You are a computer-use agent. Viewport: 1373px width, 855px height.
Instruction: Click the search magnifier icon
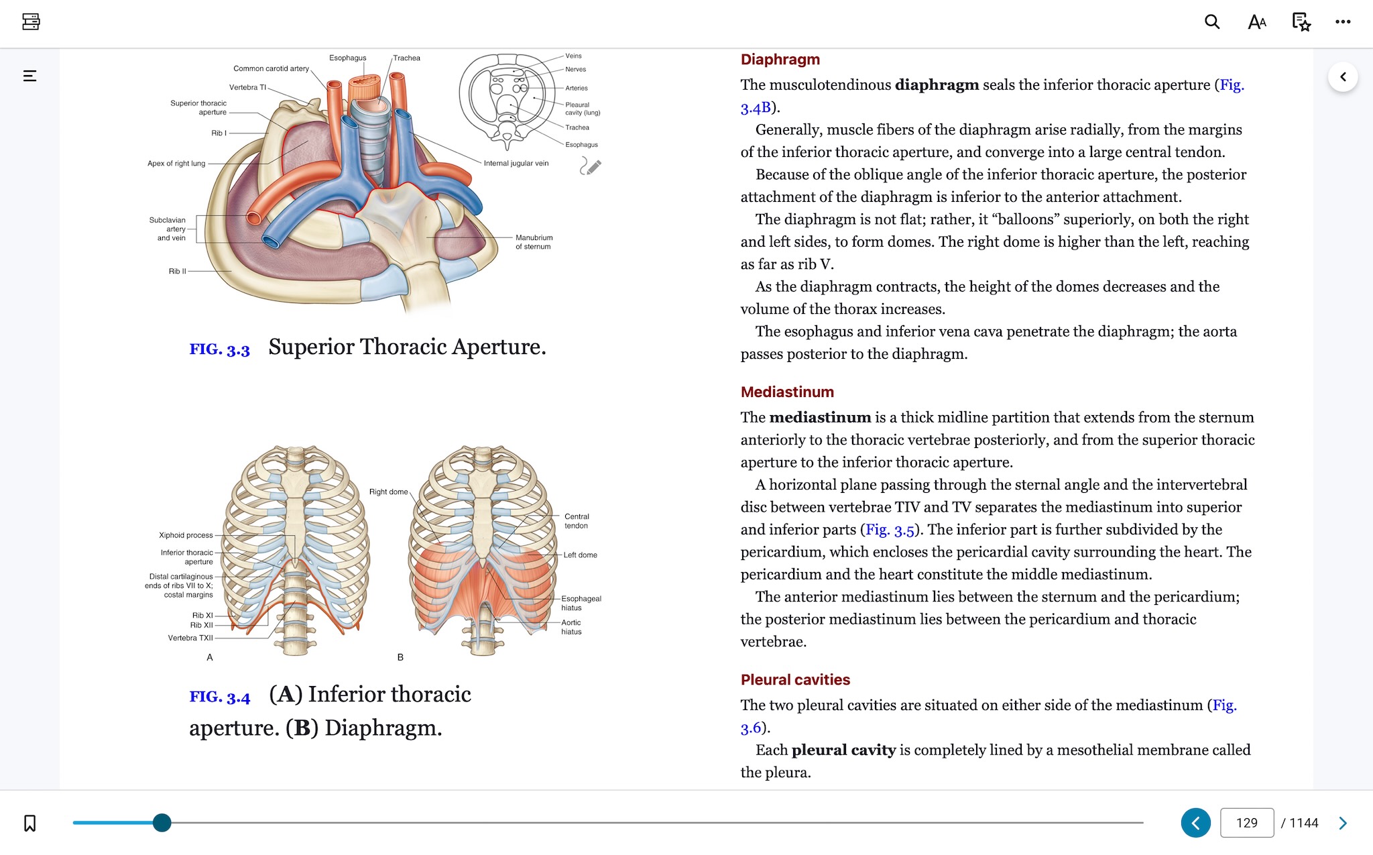click(1211, 21)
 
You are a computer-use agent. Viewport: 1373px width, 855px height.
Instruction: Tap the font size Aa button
click(1256, 22)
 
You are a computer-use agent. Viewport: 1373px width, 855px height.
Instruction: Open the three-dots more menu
click(1342, 21)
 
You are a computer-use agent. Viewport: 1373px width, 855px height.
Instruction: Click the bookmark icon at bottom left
click(30, 823)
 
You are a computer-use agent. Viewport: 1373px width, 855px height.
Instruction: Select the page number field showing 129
click(1246, 823)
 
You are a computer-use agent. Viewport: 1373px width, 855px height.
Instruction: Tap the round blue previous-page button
click(1195, 823)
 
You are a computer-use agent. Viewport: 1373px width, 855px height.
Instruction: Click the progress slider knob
click(162, 822)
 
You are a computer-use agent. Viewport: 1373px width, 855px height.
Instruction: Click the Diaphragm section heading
click(780, 59)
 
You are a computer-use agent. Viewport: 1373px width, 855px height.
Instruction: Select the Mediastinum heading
click(786, 392)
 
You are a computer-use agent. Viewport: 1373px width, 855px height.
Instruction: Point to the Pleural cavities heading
click(794, 679)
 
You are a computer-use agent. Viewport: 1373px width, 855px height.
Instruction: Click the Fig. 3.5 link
click(890, 530)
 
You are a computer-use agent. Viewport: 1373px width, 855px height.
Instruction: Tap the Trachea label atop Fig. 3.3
click(406, 58)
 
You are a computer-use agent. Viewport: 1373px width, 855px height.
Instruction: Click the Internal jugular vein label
click(516, 163)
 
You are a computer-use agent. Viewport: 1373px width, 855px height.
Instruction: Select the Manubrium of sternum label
click(534, 242)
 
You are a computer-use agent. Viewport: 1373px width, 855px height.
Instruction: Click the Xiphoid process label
click(186, 535)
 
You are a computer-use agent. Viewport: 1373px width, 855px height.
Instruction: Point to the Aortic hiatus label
click(571, 627)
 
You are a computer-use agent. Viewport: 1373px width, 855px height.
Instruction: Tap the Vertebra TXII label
click(190, 638)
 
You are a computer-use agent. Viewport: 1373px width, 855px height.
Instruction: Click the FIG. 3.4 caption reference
click(219, 697)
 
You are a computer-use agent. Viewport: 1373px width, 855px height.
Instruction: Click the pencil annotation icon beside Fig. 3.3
click(590, 166)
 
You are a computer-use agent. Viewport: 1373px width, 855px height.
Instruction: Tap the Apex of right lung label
click(176, 163)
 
